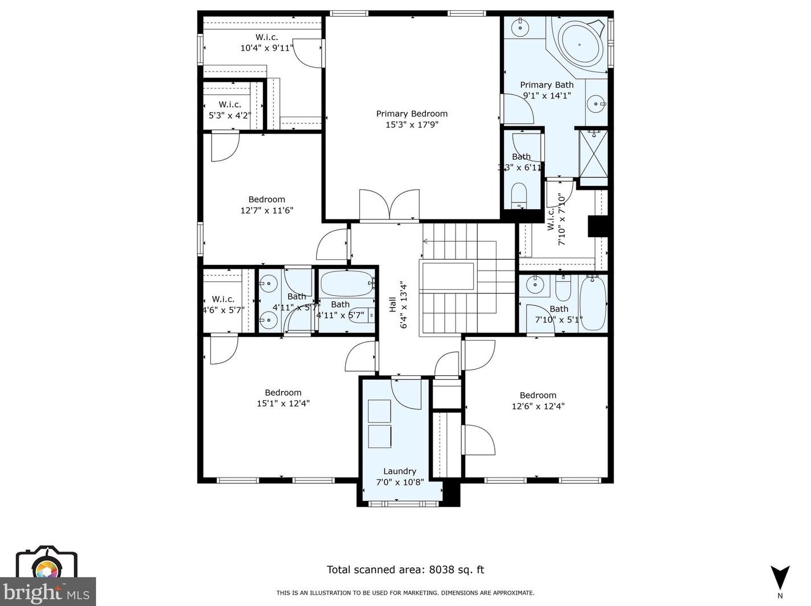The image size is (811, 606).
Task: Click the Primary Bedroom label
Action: point(412,114)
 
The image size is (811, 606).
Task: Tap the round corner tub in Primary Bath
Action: point(580,44)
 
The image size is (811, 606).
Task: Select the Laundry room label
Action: point(399,471)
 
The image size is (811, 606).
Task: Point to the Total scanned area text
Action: point(405,570)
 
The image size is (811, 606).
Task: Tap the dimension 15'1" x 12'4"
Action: point(283,404)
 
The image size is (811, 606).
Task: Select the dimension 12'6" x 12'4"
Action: point(537,406)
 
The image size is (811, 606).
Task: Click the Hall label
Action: point(392,305)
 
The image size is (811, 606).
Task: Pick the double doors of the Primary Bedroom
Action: point(390,205)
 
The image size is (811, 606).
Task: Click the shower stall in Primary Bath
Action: point(593,154)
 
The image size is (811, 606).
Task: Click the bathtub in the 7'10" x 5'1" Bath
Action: point(593,302)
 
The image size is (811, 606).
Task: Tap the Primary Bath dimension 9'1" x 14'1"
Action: point(547,96)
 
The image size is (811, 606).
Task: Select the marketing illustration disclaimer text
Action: point(405,593)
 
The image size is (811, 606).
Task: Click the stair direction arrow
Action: point(425,242)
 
